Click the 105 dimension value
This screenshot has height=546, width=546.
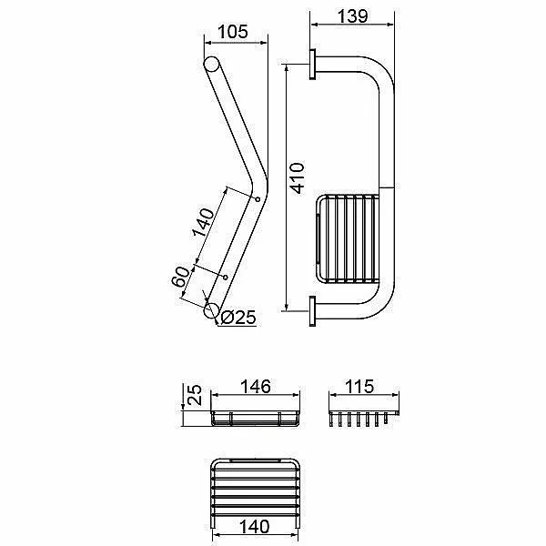click(x=233, y=32)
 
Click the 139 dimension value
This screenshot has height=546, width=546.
click(x=352, y=16)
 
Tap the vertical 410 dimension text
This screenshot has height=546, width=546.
click(x=298, y=178)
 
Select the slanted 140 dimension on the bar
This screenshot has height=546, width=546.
click(x=203, y=223)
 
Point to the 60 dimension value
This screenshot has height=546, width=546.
click(x=181, y=277)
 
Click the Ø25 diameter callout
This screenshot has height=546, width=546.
click(x=238, y=318)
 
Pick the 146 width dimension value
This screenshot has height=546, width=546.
click(x=255, y=387)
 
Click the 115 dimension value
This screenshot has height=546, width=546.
click(x=359, y=387)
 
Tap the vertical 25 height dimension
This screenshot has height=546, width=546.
click(x=195, y=395)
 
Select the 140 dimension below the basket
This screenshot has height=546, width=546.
click(x=254, y=527)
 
